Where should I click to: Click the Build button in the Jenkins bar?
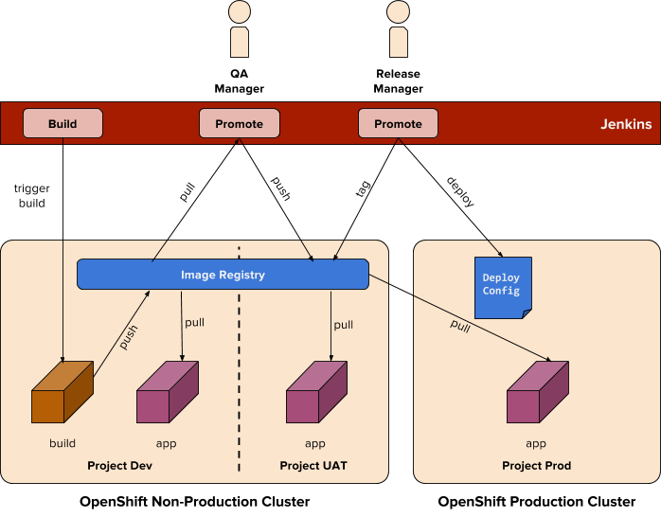[x=63, y=124]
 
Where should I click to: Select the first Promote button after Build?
[x=239, y=124]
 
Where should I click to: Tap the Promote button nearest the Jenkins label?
[x=398, y=124]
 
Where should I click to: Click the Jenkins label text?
[x=625, y=124]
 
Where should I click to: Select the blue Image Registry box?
[x=223, y=275]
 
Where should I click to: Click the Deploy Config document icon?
[x=502, y=287]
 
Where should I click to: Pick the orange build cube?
[x=63, y=393]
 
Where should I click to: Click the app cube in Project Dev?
[x=167, y=393]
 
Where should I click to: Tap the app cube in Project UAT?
[x=316, y=393]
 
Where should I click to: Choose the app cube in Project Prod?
[x=536, y=393]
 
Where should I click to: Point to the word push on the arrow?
[x=129, y=338]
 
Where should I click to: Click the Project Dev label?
[x=119, y=466]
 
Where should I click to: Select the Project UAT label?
[x=313, y=466]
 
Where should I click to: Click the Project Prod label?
[x=536, y=466]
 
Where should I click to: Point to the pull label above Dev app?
[x=195, y=322]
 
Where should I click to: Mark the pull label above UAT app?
[x=344, y=325]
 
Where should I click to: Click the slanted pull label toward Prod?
[x=460, y=327]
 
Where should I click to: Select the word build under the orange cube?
[x=63, y=443]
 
